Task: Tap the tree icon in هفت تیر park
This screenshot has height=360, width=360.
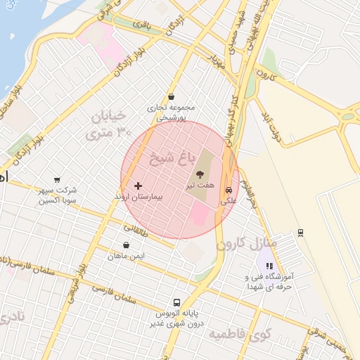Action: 201,173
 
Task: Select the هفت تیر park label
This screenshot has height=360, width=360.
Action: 200,186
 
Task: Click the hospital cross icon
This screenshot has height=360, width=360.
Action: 137,186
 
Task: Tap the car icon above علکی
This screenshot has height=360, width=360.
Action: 229,190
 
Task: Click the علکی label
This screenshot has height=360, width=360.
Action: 229,201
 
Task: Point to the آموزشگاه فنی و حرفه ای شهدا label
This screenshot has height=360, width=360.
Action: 269,282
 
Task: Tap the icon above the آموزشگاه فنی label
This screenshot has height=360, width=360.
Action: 269,266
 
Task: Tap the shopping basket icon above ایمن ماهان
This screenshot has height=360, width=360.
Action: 126,245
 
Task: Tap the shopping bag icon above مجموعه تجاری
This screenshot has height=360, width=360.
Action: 172,97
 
